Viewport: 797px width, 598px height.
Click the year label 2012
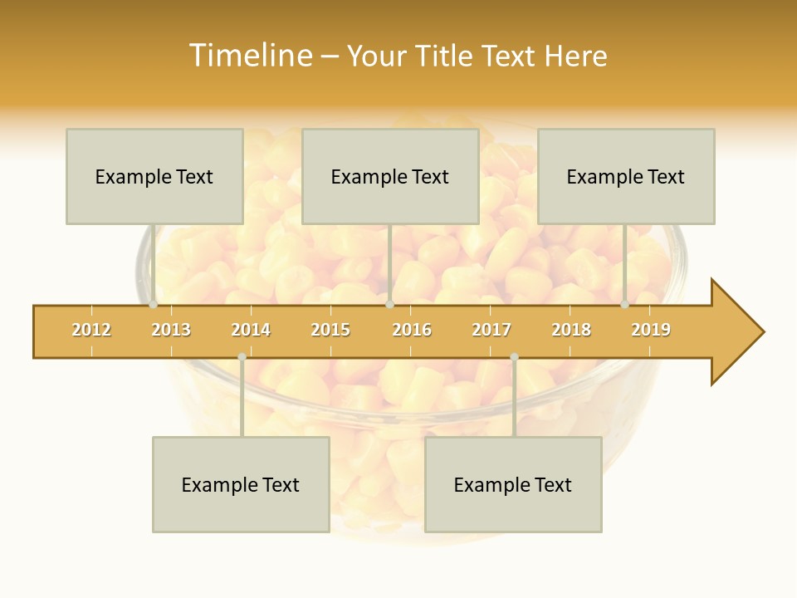91,331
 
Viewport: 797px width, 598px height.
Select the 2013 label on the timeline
171,331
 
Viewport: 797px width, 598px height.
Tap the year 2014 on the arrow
251,331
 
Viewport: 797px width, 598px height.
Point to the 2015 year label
330,331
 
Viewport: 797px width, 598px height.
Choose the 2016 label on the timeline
412,331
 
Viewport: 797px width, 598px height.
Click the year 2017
491,331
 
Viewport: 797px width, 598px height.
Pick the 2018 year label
571,331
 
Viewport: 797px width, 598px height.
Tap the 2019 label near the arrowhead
651,331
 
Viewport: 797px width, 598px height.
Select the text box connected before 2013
154,176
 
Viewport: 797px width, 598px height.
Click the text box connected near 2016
390,176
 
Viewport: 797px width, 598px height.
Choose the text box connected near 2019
626,176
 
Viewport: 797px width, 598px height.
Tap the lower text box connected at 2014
241,484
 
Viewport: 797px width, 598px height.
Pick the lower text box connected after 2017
513,484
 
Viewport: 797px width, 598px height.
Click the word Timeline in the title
250,56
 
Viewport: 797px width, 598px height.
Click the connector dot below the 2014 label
242,357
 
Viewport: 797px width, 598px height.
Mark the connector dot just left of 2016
389,305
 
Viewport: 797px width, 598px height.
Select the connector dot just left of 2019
625,305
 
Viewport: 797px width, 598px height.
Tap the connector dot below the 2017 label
514,357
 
